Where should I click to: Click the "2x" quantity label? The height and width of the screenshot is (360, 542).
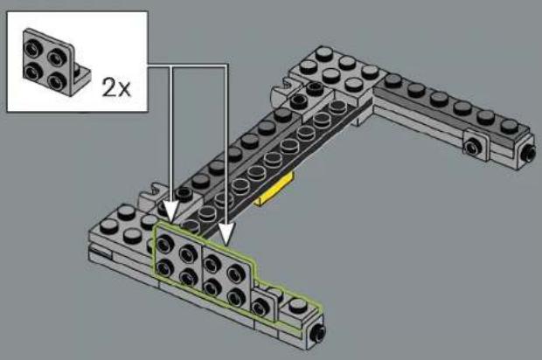116,87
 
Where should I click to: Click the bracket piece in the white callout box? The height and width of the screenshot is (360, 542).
55,62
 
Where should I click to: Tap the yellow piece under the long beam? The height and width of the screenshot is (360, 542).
274,190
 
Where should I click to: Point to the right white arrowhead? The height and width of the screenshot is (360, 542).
226,233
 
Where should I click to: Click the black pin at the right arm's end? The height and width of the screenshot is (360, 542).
529,150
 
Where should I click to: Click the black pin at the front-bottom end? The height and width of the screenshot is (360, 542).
316,333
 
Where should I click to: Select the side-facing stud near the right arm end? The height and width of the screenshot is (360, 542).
473,147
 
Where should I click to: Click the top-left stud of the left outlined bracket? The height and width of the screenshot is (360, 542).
165,243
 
